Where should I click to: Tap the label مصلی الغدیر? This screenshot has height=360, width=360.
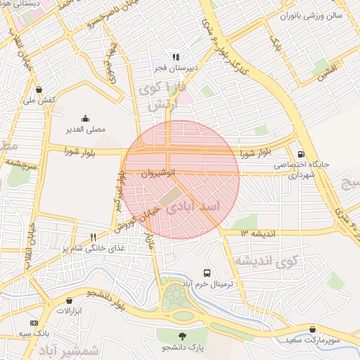85,129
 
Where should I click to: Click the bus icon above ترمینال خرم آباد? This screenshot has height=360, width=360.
207,272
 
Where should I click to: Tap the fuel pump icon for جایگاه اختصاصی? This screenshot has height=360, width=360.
302,154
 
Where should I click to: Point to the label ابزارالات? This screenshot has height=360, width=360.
70,311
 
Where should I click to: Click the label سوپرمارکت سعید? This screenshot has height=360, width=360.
312,340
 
